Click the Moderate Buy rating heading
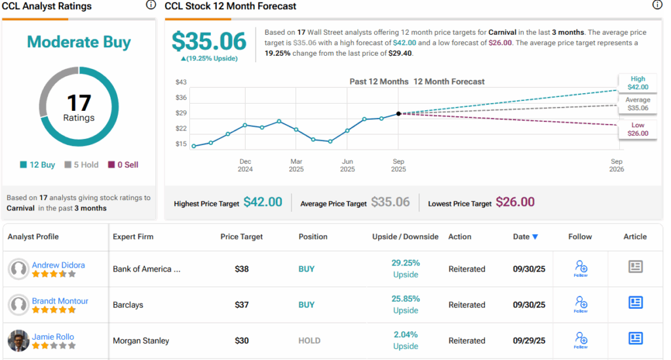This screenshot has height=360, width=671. point(79,43)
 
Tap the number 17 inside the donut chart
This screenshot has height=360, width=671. point(79,103)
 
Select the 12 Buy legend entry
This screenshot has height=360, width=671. point(37,165)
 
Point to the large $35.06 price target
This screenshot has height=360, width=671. point(209,42)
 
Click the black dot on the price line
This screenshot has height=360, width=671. point(398,114)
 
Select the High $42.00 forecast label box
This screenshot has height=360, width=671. point(638,83)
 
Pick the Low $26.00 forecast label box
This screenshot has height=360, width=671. point(638,129)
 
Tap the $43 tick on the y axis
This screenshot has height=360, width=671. point(182,82)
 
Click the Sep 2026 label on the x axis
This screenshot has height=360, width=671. point(617,165)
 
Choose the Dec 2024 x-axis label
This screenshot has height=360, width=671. point(245,165)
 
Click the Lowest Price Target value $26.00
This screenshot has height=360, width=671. point(515,203)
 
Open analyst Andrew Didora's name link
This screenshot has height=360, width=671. point(58,265)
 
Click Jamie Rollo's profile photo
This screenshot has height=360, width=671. point(18,340)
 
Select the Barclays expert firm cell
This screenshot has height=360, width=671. point(128,305)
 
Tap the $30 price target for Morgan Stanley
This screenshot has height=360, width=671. point(242,340)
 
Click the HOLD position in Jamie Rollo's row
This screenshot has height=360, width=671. point(309,340)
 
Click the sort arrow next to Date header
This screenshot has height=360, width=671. point(535,237)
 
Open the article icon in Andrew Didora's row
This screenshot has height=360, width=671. point(635,266)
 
